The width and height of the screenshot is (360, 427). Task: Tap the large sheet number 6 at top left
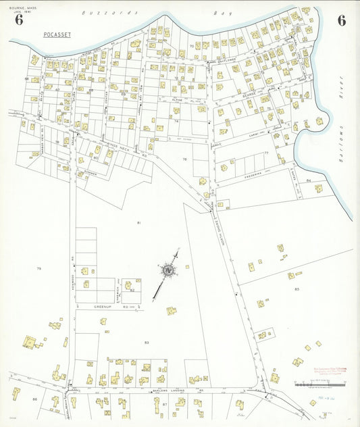pyautogui.click(x=18, y=20)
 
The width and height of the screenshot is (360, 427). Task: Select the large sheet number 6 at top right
pyautogui.click(x=342, y=20)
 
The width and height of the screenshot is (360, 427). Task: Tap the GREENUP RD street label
pyautogui.click(x=103, y=306)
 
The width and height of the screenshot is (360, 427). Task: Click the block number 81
pyautogui.click(x=139, y=222)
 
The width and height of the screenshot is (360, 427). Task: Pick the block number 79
pyautogui.click(x=39, y=269)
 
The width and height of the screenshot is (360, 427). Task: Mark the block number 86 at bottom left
pyautogui.click(x=34, y=399)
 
